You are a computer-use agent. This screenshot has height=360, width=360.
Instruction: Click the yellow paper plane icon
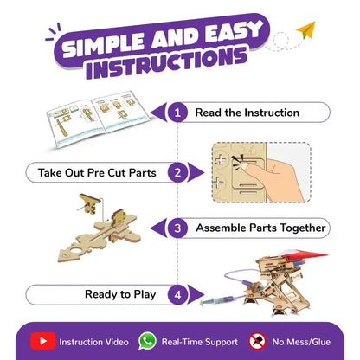click(x=307, y=31)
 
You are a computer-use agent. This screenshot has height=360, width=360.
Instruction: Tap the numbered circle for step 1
click(x=177, y=112)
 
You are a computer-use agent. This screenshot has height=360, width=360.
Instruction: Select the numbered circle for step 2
click(x=177, y=172)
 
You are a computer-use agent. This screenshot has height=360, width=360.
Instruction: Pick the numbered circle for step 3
click(x=177, y=228)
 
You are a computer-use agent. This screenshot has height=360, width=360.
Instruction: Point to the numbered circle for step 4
click(x=177, y=295)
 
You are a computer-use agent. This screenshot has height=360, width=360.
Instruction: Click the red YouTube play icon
click(x=43, y=341)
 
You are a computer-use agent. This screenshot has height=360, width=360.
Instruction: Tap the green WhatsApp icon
click(x=147, y=341)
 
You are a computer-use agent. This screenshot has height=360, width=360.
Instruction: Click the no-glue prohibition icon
click(x=257, y=341)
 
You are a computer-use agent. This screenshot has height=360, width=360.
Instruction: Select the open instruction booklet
click(x=98, y=119)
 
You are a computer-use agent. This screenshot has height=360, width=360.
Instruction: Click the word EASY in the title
click(x=233, y=34)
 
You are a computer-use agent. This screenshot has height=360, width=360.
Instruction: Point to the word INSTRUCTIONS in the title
click(x=166, y=63)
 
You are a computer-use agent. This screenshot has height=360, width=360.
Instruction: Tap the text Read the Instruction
click(x=247, y=112)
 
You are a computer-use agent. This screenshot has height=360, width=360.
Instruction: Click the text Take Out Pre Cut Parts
click(x=97, y=173)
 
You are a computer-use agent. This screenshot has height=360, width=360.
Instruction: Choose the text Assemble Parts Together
click(x=260, y=228)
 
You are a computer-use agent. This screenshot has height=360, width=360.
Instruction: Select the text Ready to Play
click(x=120, y=294)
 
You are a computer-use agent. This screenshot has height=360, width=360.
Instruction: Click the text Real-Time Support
click(x=200, y=342)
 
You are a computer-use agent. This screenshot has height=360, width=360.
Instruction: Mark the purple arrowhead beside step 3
click(x=159, y=228)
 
